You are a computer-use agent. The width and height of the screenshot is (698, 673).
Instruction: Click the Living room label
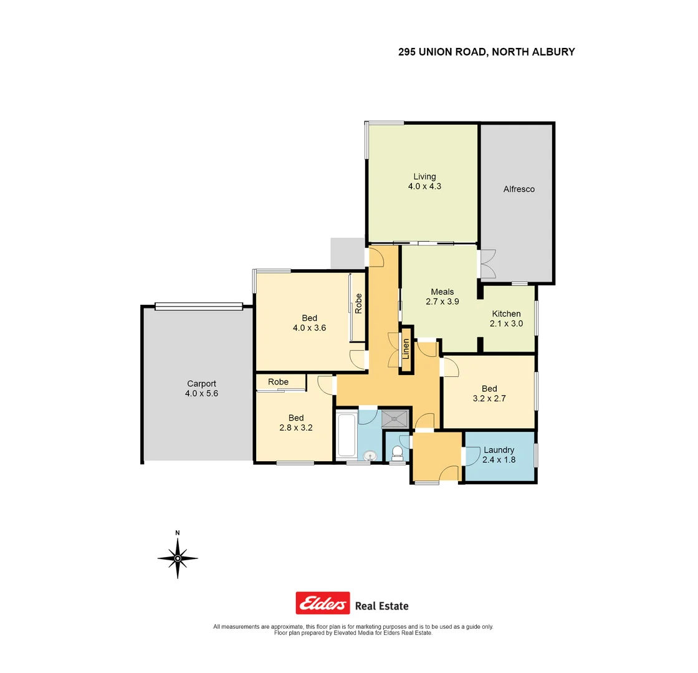[x=424, y=181]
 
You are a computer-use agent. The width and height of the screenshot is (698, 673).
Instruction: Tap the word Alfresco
[x=519, y=189]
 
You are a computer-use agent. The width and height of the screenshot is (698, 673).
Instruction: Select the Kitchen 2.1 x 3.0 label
[x=507, y=318]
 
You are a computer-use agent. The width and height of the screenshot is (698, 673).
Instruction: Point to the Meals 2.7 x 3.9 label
[x=442, y=297]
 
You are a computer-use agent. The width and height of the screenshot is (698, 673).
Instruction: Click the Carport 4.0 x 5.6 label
[x=201, y=389]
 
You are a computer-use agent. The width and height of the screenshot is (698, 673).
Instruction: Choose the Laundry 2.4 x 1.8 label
[x=499, y=455]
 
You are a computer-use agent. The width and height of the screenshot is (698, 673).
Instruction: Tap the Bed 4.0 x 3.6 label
[x=309, y=323]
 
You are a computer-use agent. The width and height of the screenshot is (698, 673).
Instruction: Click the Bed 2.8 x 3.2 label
[x=295, y=422]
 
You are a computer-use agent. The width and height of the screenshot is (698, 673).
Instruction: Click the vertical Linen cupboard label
[x=406, y=350]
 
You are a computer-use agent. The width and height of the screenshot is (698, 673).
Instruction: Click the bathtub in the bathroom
[x=346, y=436]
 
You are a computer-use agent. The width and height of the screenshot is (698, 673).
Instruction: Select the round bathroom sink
[x=370, y=457]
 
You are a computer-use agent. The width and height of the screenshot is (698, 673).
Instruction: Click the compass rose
[x=178, y=558]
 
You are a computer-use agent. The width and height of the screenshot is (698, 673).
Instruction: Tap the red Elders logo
[x=322, y=603]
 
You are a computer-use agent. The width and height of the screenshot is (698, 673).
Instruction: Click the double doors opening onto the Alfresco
[x=487, y=264]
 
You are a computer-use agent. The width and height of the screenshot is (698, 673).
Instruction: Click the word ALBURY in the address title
[x=552, y=52]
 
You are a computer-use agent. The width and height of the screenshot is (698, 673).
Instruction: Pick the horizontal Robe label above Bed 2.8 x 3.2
[x=278, y=381]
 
